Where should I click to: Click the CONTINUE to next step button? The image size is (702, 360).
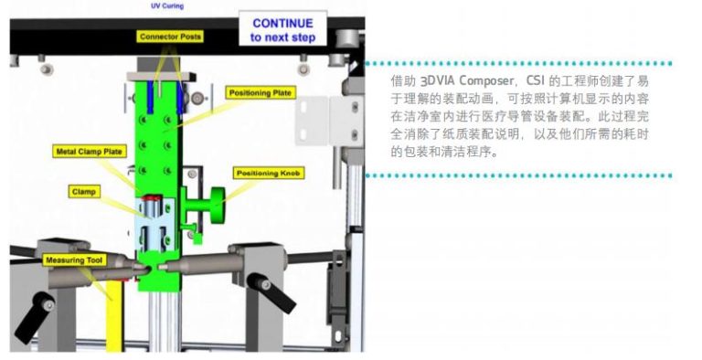282,30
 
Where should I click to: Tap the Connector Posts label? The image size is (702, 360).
171,37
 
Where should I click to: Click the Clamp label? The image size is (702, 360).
85,192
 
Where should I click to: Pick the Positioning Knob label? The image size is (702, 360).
269,173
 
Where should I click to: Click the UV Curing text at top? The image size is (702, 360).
167,5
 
